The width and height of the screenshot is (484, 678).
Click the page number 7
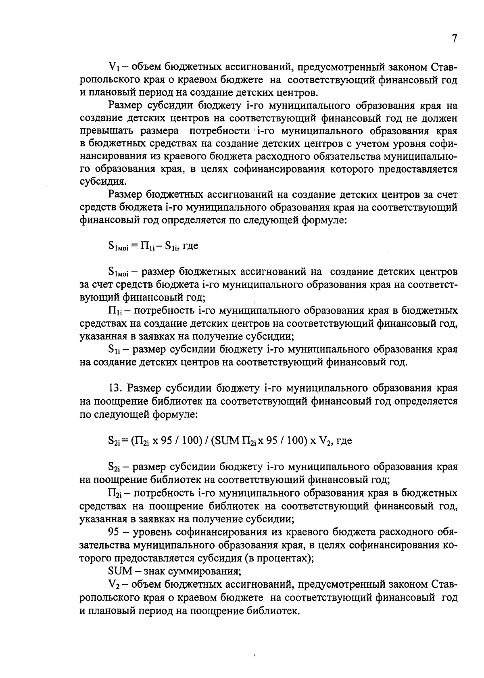click(x=455, y=39)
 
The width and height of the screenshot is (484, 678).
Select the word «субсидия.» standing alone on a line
click(x=98, y=181)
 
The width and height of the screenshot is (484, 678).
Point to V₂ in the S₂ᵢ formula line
click(x=326, y=441)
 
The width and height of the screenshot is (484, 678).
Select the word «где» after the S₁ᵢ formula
click(x=190, y=246)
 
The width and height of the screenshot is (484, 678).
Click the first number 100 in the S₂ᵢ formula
click(x=189, y=441)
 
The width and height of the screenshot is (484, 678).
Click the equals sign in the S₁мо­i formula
click(x=134, y=246)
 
